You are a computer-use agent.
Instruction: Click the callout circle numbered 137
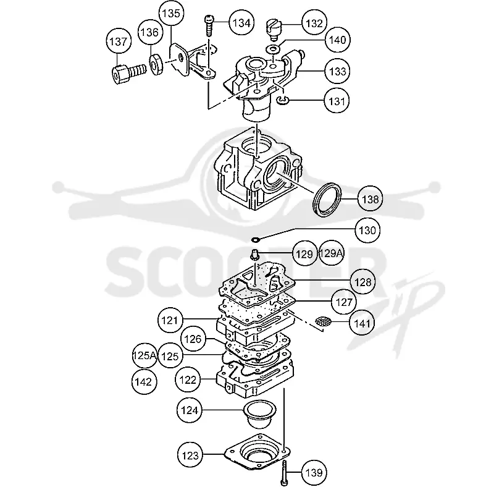(118, 41)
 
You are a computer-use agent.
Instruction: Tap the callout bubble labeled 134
(241, 23)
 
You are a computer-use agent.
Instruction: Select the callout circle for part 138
(370, 200)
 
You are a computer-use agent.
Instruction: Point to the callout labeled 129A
(332, 253)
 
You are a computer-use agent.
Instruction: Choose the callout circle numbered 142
(144, 382)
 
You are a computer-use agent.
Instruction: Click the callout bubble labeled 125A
(144, 356)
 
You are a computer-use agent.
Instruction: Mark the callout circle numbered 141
(362, 323)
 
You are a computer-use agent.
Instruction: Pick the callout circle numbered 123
(190, 455)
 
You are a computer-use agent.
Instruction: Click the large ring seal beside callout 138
(327, 200)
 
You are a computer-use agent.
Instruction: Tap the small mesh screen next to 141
(323, 321)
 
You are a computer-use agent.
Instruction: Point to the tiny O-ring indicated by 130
(256, 240)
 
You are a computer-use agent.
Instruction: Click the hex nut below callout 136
(156, 65)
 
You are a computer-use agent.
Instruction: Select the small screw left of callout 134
(209, 25)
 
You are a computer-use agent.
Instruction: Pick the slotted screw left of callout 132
(273, 29)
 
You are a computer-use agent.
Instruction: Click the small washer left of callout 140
(274, 49)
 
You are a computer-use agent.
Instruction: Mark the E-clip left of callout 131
(283, 100)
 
